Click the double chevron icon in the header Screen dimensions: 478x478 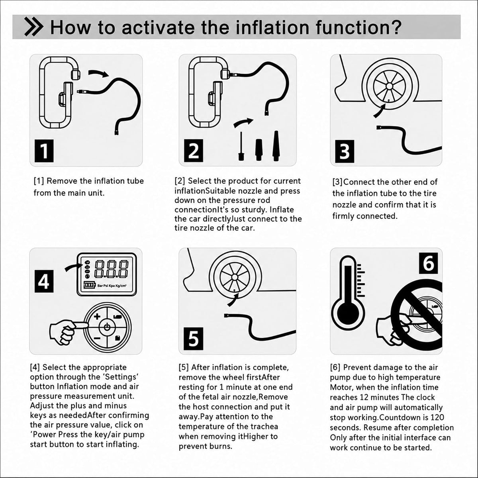tap(34, 27)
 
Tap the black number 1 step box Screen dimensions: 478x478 tap(44, 151)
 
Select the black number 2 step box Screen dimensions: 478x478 tap(194, 151)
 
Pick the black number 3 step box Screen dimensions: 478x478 tap(345, 151)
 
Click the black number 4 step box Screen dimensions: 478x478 tap(44, 281)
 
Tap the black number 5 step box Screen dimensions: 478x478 tap(194, 339)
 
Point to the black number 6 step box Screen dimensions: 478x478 tap(428, 263)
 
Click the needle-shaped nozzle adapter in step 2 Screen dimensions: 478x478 tap(240, 146)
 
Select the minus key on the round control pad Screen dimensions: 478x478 tap(97, 338)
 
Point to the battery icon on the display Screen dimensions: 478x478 tap(90, 285)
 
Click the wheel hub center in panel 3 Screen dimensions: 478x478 tap(389, 86)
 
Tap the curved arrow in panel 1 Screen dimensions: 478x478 tap(98, 73)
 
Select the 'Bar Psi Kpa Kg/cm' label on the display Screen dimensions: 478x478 tap(112, 286)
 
